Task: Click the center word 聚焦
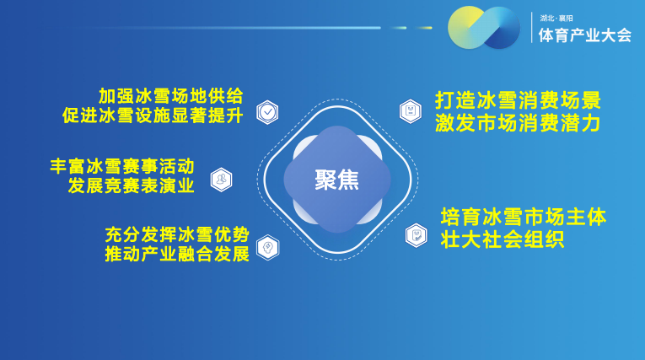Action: (337, 180)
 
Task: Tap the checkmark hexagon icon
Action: (267, 112)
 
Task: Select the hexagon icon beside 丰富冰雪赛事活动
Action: (221, 180)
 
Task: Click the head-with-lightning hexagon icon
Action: (268, 247)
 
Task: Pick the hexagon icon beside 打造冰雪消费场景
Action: (410, 111)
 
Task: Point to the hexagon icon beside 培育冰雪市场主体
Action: (417, 235)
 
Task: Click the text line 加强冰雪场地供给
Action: (170, 96)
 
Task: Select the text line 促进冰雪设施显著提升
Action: (153, 116)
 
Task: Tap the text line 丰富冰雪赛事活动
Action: (122, 166)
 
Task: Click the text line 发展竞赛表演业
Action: (132, 185)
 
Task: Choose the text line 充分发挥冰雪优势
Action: (177, 235)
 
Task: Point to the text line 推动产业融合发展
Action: (177, 254)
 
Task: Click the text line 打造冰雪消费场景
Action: (519, 100)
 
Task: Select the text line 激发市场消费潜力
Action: (518, 123)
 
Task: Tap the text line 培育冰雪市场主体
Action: (524, 217)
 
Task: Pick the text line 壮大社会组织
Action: (503, 239)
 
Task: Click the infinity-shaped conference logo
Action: (484, 28)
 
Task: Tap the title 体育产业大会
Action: (585, 35)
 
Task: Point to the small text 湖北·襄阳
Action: (556, 18)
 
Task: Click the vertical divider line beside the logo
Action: (531, 28)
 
